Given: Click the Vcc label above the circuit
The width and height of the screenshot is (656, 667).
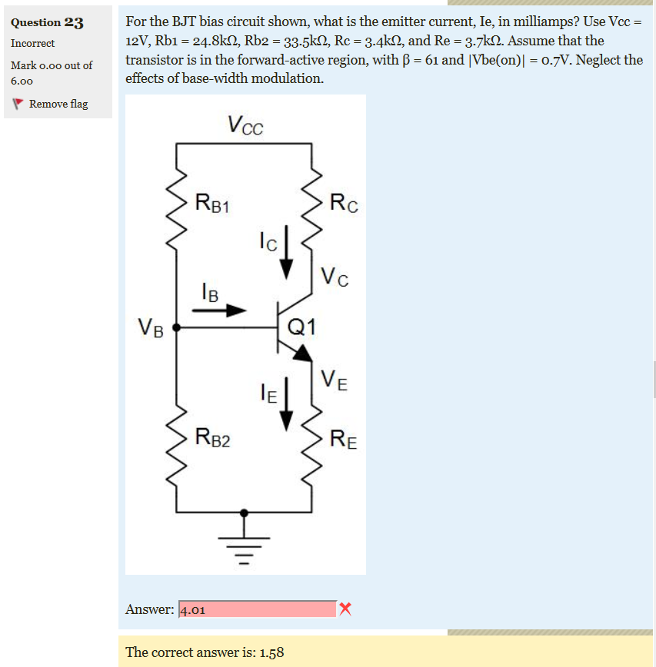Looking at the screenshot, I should pyautogui.click(x=245, y=124).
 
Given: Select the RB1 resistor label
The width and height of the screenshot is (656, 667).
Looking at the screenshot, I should pyautogui.click(x=213, y=204).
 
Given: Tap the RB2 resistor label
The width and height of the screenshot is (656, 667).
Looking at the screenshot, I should pyautogui.click(x=213, y=439).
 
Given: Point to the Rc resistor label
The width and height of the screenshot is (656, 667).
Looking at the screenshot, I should pyautogui.click(x=343, y=204).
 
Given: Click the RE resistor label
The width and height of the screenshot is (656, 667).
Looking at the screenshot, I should pyautogui.click(x=343, y=440).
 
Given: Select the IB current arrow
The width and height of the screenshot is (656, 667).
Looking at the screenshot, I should pyautogui.click(x=218, y=311).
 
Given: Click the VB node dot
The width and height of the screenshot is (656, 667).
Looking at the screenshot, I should pyautogui.click(x=177, y=327).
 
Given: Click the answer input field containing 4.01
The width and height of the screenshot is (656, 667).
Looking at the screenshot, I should pyautogui.click(x=257, y=609).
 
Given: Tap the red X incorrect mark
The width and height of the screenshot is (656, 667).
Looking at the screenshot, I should pyautogui.click(x=345, y=609).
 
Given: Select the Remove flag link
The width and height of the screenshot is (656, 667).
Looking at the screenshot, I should pyautogui.click(x=58, y=104).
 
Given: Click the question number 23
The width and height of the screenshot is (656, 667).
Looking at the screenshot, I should pyautogui.click(x=74, y=22).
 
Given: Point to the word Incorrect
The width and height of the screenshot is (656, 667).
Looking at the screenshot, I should pyautogui.click(x=32, y=43).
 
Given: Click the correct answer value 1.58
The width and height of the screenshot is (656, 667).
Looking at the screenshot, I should pyautogui.click(x=271, y=652).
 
